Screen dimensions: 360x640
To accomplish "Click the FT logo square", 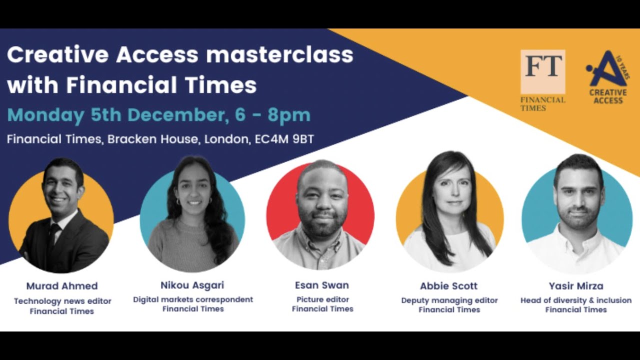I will (x=542, y=71).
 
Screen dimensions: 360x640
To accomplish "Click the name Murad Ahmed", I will (x=62, y=286).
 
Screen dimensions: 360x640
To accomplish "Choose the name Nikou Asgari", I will (x=192, y=285).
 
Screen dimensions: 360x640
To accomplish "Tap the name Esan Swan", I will (x=322, y=285).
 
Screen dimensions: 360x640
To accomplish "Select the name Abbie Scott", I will (x=448, y=286).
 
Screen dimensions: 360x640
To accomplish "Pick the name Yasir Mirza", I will (x=575, y=286).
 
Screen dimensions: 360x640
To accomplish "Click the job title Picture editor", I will (x=322, y=299).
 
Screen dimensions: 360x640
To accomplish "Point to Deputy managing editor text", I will (x=449, y=300).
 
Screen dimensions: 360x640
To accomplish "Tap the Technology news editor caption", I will (x=62, y=301).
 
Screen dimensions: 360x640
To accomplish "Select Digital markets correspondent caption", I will (x=193, y=299).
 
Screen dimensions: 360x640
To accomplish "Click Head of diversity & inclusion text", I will (x=575, y=300).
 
